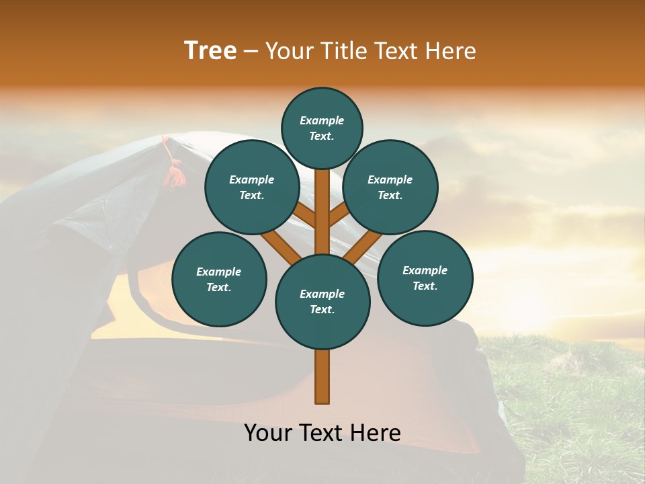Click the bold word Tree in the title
coord(210,51)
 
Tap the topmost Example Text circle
coord(322,128)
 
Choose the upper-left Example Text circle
coord(252,187)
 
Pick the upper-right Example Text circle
coord(390,187)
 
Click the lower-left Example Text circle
coord(219,279)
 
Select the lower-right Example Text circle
coord(425,278)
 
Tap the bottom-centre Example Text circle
coord(322,301)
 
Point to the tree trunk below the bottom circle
coord(322,376)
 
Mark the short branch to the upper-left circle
coord(305,214)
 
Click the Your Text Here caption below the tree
coord(322,433)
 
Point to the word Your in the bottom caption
coord(269,433)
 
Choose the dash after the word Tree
coord(251,52)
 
